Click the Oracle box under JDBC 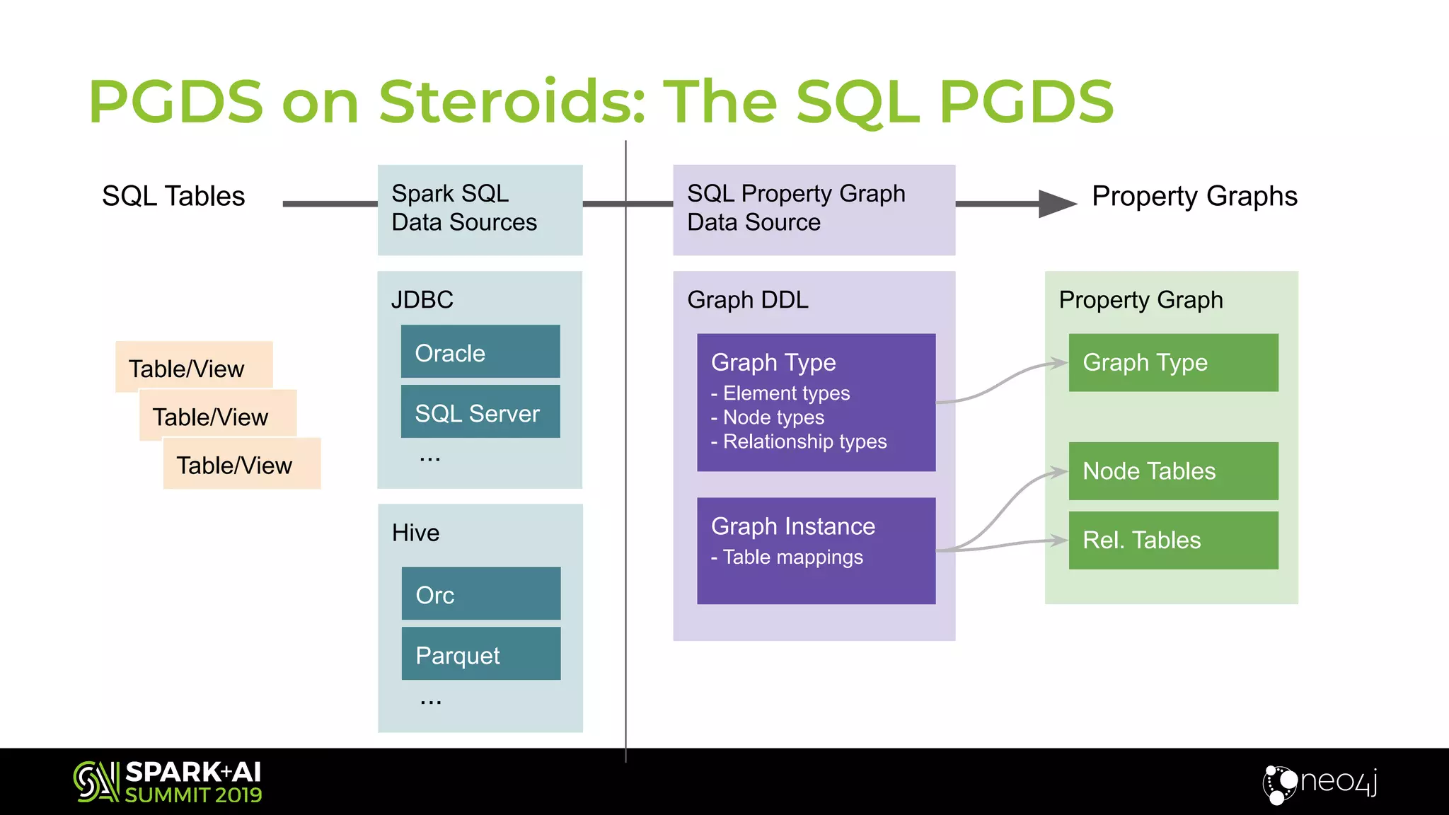pyautogui.click(x=480, y=352)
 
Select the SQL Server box pyautogui.click(x=480, y=412)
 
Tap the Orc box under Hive pyautogui.click(x=480, y=594)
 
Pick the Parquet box pyautogui.click(x=480, y=654)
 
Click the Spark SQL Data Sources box pyautogui.click(x=480, y=209)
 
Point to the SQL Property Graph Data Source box pyautogui.click(x=814, y=209)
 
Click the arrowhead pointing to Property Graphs pyautogui.click(x=1056, y=204)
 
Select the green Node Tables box pyautogui.click(x=1173, y=471)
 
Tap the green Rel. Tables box pyautogui.click(x=1173, y=541)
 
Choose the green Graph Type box pyautogui.click(x=1173, y=363)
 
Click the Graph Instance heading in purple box pyautogui.click(x=792, y=526)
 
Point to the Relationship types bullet pyautogui.click(x=804, y=441)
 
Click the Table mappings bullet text pyautogui.click(x=792, y=557)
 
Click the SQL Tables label pyautogui.click(x=173, y=196)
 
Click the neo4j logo pyautogui.click(x=1320, y=782)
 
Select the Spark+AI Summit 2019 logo pyautogui.click(x=168, y=782)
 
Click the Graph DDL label pyautogui.click(x=747, y=300)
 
